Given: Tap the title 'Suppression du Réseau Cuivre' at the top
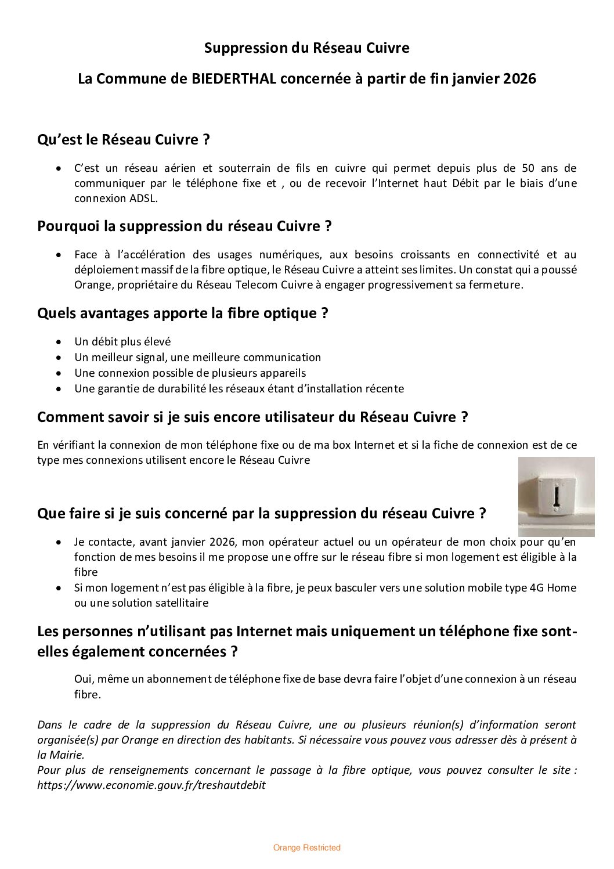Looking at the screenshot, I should tap(306, 48).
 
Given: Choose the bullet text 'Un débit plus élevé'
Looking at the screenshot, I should tap(122, 342).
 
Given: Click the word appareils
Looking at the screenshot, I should tap(281, 373).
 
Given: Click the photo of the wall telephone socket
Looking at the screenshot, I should tap(556, 496).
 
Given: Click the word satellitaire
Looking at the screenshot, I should tap(176, 603).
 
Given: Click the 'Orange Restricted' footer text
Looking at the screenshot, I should tap(306, 848).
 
